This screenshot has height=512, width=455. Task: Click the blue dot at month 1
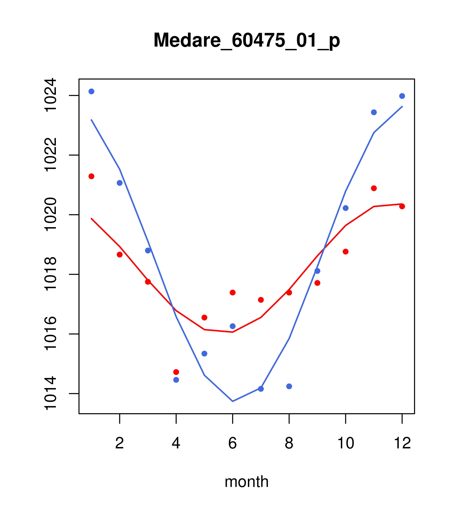(x=91, y=91)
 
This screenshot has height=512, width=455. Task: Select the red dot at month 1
(x=91, y=176)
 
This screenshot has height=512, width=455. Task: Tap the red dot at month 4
(x=176, y=372)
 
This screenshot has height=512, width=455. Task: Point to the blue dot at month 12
(x=402, y=96)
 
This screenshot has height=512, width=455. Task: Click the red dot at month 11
(x=374, y=188)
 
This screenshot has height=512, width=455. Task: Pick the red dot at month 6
(x=233, y=293)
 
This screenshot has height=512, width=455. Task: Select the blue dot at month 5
(x=204, y=353)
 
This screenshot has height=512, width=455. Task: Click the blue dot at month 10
(x=346, y=208)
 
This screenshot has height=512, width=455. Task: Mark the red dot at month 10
(x=346, y=252)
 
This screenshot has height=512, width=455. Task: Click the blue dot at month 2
(x=120, y=183)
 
